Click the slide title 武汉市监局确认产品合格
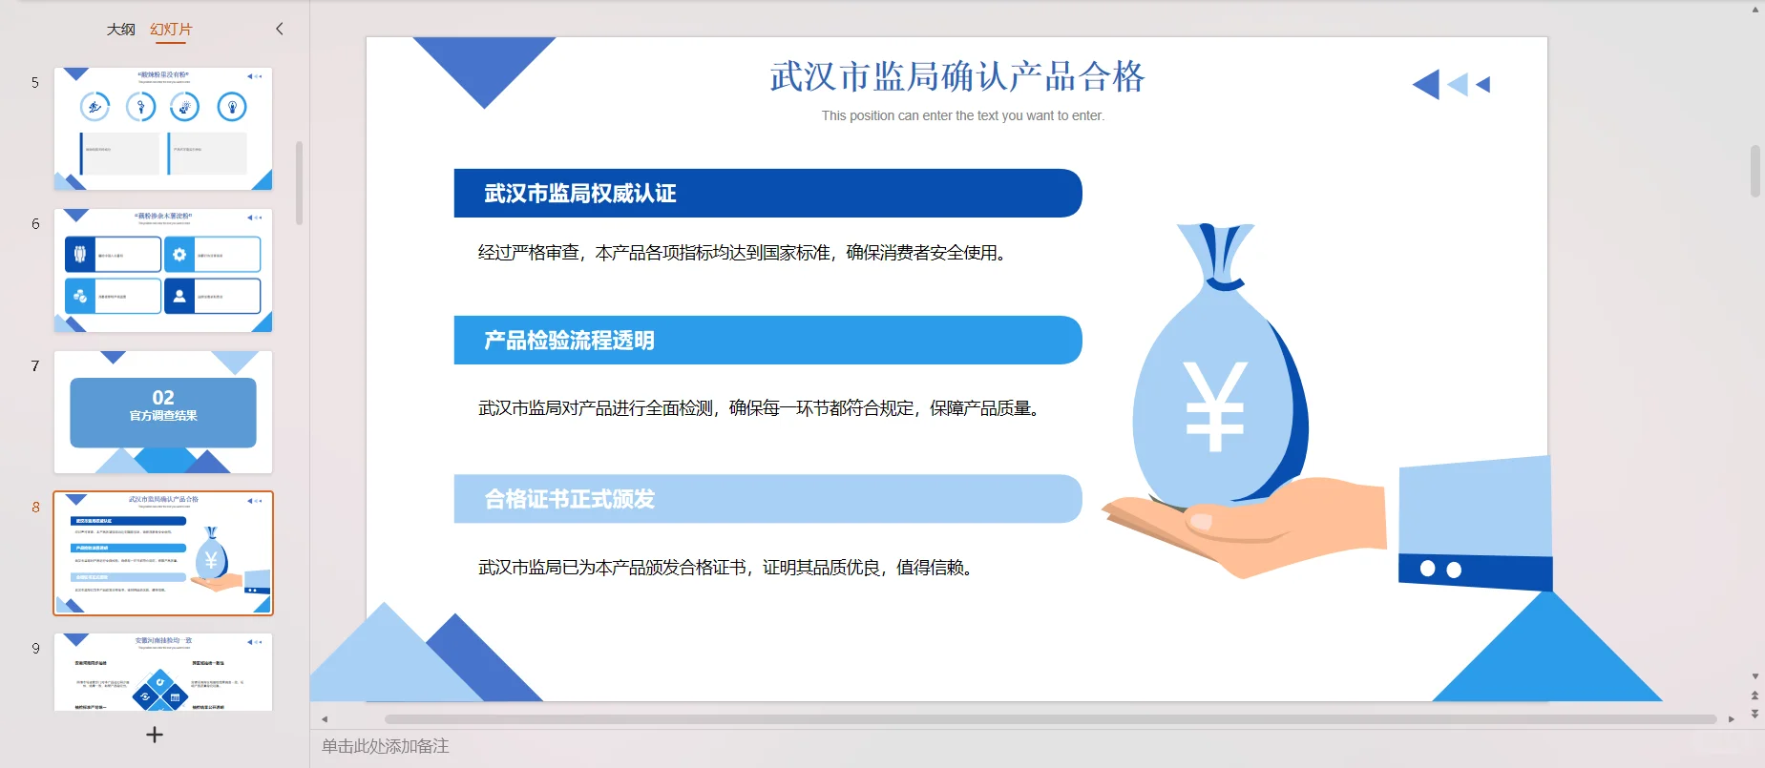[x=956, y=76]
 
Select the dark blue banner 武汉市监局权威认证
[x=767, y=194]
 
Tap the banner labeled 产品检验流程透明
[x=767, y=341]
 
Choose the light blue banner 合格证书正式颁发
[x=767, y=499]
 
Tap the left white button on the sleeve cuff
[x=1427, y=569]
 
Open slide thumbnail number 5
[x=163, y=129]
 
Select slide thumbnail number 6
[x=163, y=270]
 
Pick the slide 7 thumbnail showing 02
[x=163, y=412]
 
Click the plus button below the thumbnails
[x=155, y=735]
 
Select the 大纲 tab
[x=120, y=30]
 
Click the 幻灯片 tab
[x=171, y=30]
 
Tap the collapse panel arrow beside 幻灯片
[x=280, y=29]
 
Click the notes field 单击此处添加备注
[x=386, y=746]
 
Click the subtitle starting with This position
[x=962, y=115]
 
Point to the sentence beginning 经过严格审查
[x=743, y=253]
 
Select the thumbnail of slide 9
[x=163, y=672]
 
